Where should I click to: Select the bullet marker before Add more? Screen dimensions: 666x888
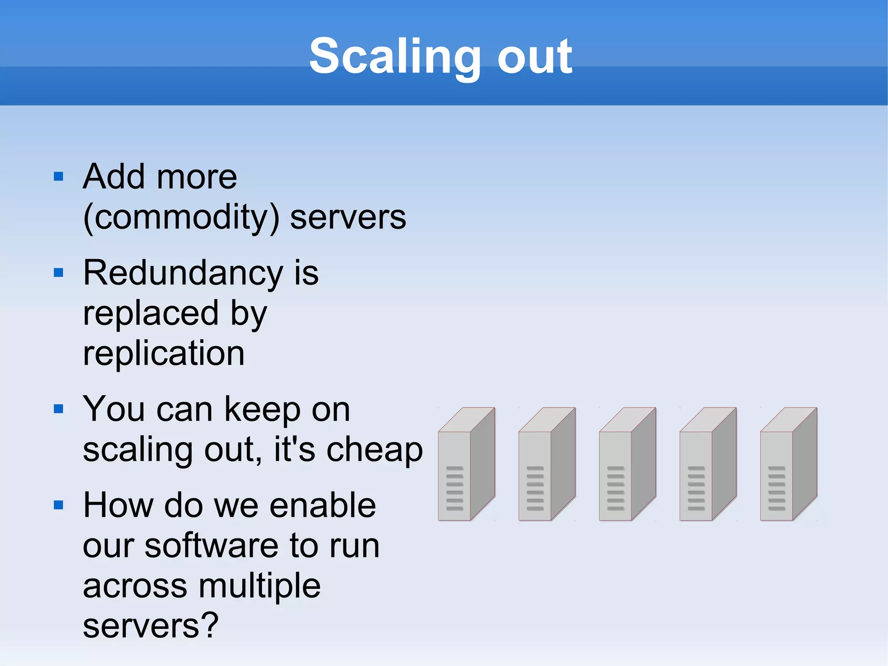pos(59,176)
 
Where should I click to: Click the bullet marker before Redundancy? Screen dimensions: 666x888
pos(59,272)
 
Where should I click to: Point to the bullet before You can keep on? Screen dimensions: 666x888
pos(59,409)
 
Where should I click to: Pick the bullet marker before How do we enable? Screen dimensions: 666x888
pos(59,505)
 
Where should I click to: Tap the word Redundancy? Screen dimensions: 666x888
pos(184,273)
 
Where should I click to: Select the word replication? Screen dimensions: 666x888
pos(163,353)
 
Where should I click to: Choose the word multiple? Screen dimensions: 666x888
pos(259,586)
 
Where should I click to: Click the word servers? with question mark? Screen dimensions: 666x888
pos(150,626)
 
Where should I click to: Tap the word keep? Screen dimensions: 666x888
pos(262,410)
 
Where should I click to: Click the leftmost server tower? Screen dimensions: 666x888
pos(466,464)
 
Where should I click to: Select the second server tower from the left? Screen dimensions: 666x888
pos(547,464)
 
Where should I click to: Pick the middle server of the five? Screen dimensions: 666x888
pos(627,464)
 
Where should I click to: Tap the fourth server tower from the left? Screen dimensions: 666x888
pos(708,464)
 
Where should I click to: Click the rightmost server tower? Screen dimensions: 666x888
pos(788,464)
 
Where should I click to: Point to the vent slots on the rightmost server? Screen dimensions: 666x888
pos(776,488)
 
